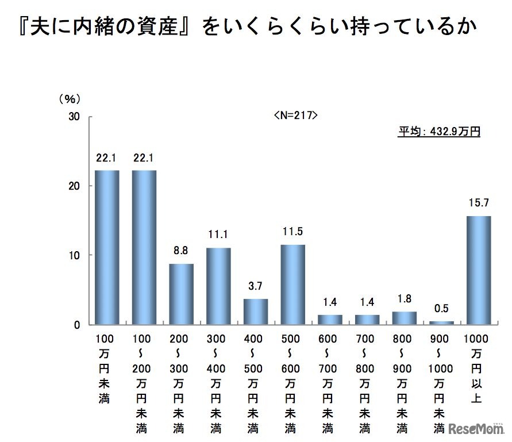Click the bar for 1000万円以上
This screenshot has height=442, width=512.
[479, 270]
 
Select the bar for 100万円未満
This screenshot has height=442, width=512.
[107, 247]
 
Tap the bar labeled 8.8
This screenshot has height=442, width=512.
[181, 294]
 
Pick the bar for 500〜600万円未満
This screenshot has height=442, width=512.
[292, 285]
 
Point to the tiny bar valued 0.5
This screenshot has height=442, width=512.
[442, 322]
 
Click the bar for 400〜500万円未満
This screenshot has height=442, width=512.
[256, 312]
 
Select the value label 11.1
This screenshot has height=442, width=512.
[218, 235]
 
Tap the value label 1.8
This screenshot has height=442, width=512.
[405, 299]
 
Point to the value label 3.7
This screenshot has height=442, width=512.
[256, 286]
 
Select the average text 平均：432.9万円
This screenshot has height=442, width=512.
[440, 132]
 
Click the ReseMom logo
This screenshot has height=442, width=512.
[476, 429]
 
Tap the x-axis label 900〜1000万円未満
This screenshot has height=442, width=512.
[442, 383]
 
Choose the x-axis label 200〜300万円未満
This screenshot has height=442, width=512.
[181, 383]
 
